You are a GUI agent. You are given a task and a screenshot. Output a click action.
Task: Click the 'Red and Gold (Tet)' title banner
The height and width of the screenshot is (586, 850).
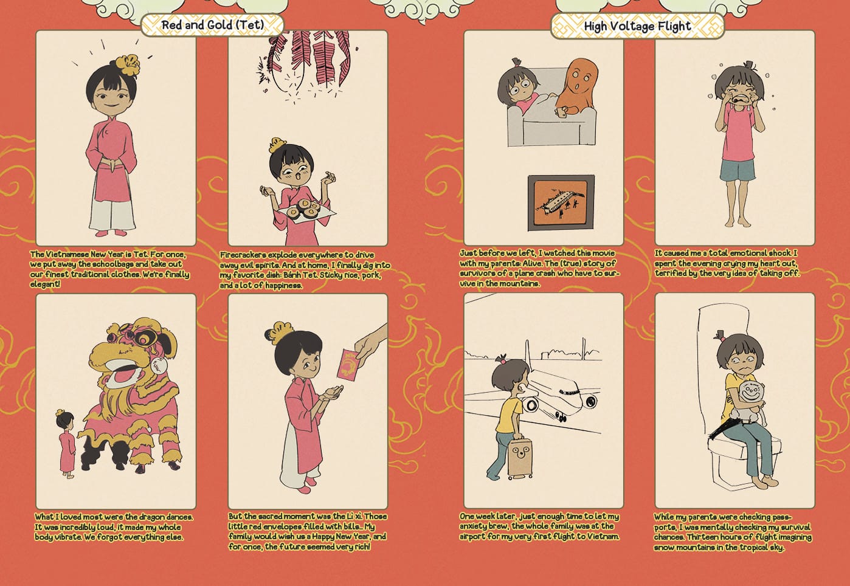click(213, 25)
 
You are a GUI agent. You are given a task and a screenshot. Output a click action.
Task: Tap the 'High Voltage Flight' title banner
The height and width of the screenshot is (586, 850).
click(637, 26)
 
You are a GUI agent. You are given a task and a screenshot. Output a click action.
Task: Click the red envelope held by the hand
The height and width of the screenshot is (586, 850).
click(348, 364)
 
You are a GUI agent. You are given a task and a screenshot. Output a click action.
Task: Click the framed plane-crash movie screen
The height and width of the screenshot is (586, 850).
click(561, 202)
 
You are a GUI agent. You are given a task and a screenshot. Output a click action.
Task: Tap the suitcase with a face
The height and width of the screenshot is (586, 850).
click(519, 458)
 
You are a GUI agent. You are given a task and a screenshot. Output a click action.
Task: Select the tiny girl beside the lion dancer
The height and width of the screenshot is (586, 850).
click(67, 443)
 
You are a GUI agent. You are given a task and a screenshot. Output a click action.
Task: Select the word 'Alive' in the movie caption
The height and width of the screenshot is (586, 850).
click(531, 263)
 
